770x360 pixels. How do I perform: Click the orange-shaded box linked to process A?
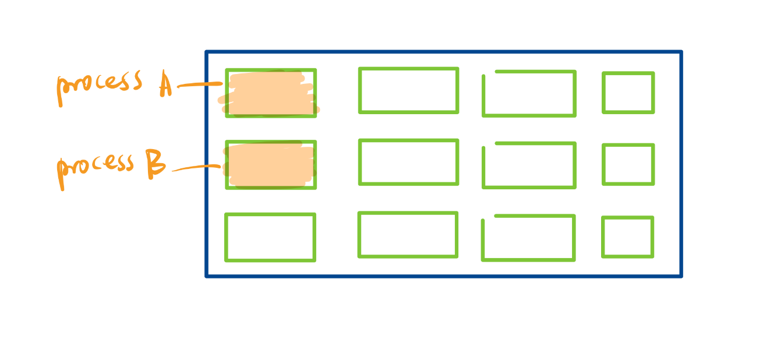(x=271, y=93)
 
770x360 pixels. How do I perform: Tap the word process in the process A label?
(x=99, y=84)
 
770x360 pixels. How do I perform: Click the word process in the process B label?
(x=96, y=167)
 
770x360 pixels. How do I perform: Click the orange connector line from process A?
(x=198, y=85)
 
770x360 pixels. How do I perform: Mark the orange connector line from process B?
(x=195, y=168)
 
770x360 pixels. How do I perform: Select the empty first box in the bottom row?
(x=270, y=237)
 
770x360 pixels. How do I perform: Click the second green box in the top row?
(x=408, y=90)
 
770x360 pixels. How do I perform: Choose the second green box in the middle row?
(x=408, y=162)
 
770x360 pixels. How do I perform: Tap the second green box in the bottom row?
(x=408, y=234)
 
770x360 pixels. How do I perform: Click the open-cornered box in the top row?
(x=529, y=94)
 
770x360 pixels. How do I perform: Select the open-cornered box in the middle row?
(x=529, y=165)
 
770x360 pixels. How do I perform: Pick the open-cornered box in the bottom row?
(x=528, y=238)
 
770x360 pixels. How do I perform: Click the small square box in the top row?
(x=628, y=93)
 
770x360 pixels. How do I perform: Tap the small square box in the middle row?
(x=628, y=165)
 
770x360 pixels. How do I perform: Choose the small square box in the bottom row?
(x=627, y=237)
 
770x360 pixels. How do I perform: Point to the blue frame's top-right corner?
(x=680, y=52)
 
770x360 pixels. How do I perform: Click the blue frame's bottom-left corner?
(x=207, y=276)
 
